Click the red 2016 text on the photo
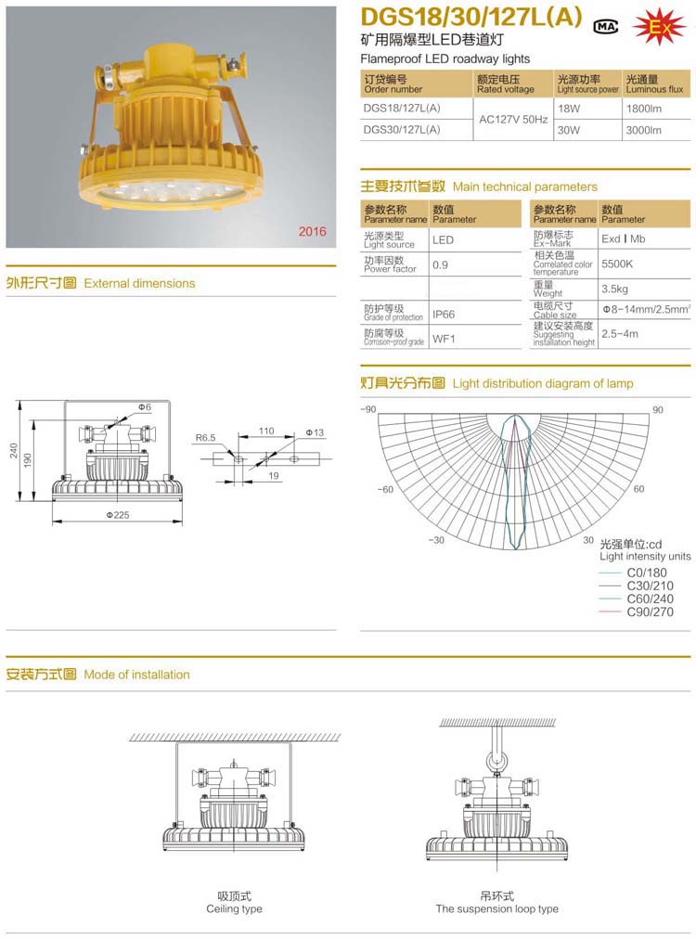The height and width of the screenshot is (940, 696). [312, 231]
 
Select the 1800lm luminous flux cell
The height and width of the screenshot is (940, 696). [643, 109]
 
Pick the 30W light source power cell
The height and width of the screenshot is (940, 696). [568, 130]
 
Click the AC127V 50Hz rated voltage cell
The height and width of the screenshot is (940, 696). [512, 120]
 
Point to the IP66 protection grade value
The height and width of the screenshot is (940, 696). [445, 315]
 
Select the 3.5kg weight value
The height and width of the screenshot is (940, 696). [615, 290]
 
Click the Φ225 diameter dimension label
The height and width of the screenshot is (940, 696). [117, 515]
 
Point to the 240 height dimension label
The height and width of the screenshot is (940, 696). [14, 450]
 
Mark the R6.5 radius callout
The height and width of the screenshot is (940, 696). [205, 437]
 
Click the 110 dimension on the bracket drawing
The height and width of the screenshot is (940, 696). [266, 431]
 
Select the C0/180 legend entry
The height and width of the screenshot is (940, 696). [647, 573]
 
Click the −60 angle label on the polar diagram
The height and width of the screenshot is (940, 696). [386, 489]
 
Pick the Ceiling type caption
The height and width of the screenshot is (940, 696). [234, 908]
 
